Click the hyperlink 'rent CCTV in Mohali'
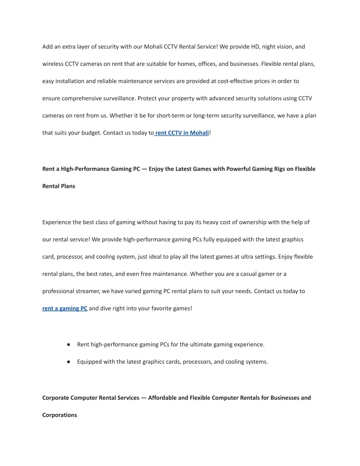182,133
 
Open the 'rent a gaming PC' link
65,308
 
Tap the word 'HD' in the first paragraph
255,47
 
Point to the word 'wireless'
53,64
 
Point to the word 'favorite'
163,308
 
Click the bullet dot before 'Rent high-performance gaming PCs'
69,345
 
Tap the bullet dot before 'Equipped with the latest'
69,362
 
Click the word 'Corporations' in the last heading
59,415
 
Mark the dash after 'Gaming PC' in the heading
144,169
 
